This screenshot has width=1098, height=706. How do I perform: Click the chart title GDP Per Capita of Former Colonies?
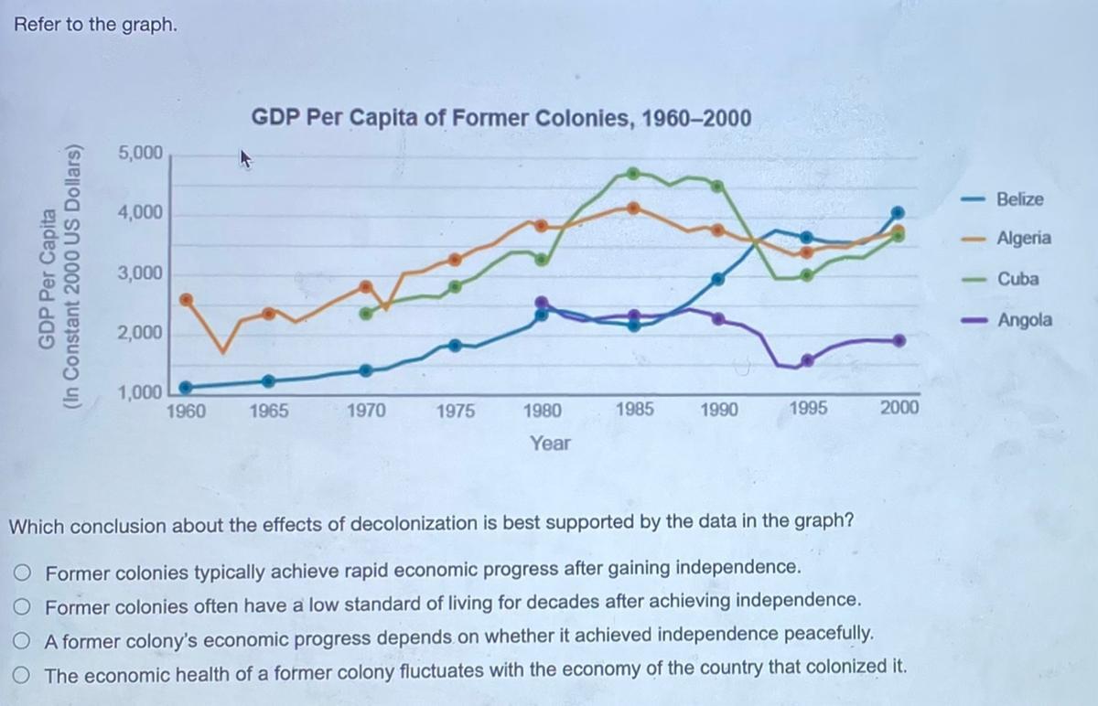tap(501, 118)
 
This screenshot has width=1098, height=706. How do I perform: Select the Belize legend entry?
tap(1019, 199)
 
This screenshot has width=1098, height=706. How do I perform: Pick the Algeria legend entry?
tap(1023, 239)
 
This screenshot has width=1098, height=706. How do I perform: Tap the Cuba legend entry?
tap(1017, 279)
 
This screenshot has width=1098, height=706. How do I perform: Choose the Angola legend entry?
tap(1024, 320)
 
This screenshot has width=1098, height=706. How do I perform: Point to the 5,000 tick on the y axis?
tap(139, 153)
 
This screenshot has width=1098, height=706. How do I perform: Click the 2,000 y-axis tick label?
tap(139, 334)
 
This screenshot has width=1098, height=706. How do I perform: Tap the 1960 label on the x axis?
tap(185, 411)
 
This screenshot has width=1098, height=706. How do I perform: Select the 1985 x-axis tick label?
tap(633, 409)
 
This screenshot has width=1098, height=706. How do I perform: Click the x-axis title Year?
tap(550, 444)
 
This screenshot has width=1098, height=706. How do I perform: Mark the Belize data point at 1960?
tap(186, 387)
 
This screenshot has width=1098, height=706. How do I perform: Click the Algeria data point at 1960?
tap(186, 300)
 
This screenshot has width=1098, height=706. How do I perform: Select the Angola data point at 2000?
tap(899, 340)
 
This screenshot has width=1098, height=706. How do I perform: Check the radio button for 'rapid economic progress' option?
tap(23, 573)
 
